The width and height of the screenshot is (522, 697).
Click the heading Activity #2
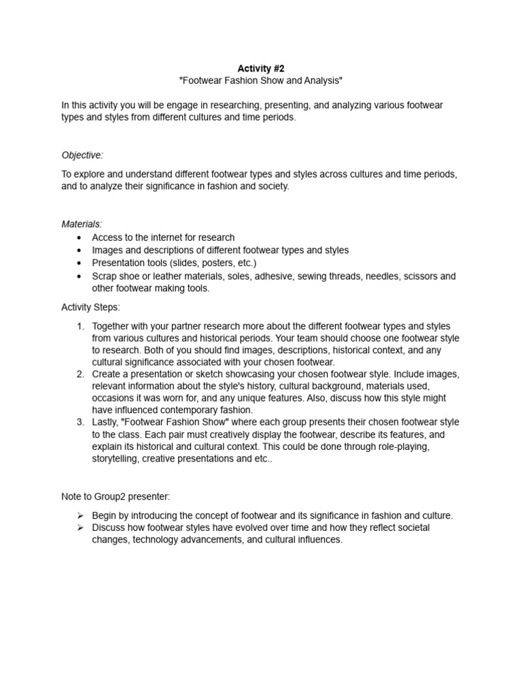pyautogui.click(x=260, y=68)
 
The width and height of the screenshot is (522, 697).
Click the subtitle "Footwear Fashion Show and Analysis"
pyautogui.click(x=260, y=81)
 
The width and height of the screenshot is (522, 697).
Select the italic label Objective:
pyautogui.click(x=82, y=155)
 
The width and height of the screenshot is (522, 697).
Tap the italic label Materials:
pyautogui.click(x=82, y=224)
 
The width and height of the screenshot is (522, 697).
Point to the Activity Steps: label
pyautogui.click(x=90, y=307)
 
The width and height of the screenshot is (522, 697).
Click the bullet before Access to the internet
pyautogui.click(x=80, y=238)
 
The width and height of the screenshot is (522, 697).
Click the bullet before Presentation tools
pyautogui.click(x=80, y=263)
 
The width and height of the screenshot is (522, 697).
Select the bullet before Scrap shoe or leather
pyautogui.click(x=80, y=276)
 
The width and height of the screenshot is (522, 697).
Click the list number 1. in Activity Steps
pyautogui.click(x=80, y=326)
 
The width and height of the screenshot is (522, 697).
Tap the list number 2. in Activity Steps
pyautogui.click(x=80, y=374)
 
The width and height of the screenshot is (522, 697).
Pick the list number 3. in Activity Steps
pyautogui.click(x=80, y=422)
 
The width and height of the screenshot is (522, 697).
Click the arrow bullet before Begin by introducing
pyautogui.click(x=80, y=515)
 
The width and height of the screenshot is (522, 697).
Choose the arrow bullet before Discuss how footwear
pyautogui.click(x=80, y=528)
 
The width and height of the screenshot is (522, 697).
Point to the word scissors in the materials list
pyautogui.click(x=417, y=276)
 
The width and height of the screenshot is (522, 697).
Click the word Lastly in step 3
pyautogui.click(x=107, y=422)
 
